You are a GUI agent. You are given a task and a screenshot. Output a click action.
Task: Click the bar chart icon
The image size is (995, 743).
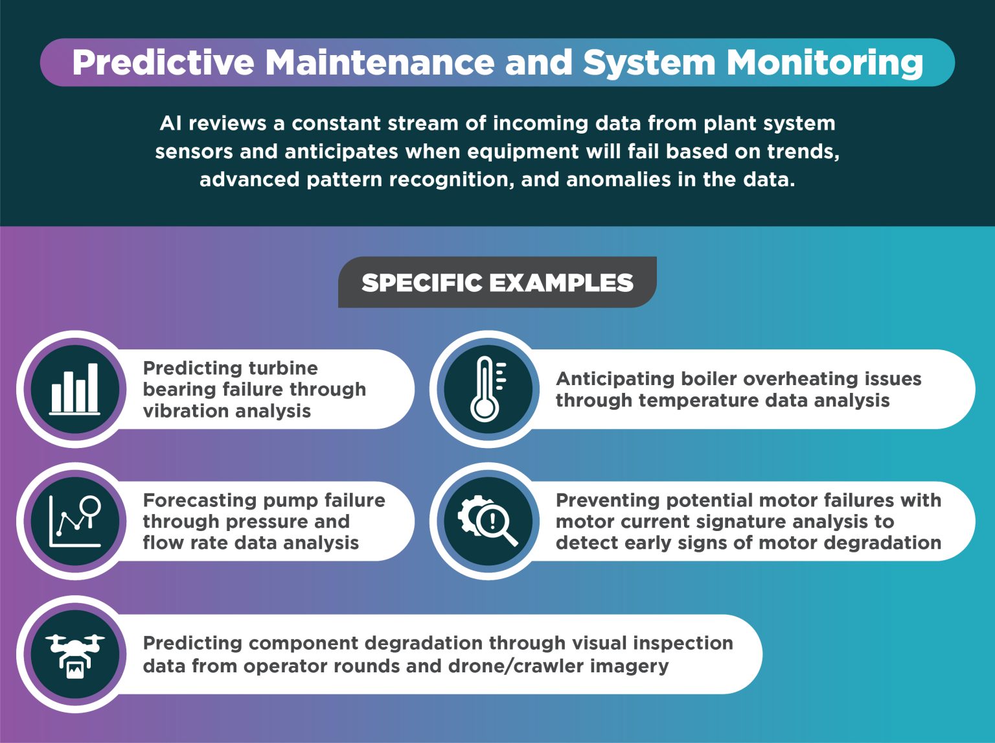tap(75, 388)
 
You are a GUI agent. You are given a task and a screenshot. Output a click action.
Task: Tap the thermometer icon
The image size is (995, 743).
tap(488, 389)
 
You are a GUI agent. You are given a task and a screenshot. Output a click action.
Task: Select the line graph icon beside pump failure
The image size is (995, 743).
tap(75, 521)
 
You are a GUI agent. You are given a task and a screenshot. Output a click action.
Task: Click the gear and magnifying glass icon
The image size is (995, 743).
tap(488, 521)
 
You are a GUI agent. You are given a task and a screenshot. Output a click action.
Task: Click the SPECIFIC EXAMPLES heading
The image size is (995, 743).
tap(497, 283)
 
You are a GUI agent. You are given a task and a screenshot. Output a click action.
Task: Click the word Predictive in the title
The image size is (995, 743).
tap(163, 63)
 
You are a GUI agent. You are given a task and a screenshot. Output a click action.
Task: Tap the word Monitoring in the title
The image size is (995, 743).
tap(825, 63)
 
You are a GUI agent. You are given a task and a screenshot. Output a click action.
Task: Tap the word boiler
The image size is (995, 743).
tap(703, 379)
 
